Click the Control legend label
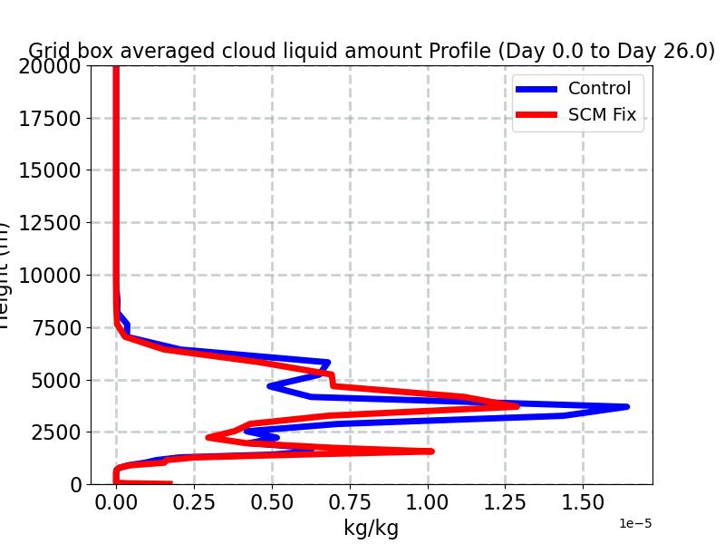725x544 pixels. click(598, 89)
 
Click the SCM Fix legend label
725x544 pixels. click(602, 115)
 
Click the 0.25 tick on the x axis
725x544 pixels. click(194, 502)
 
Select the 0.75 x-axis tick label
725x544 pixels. click(350, 502)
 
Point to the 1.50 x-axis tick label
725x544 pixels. click(583, 502)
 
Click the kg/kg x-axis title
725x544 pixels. click(371, 528)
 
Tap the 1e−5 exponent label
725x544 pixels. click(635, 524)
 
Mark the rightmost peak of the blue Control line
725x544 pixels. click(626, 407)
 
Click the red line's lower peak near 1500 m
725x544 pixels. click(431, 451)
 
